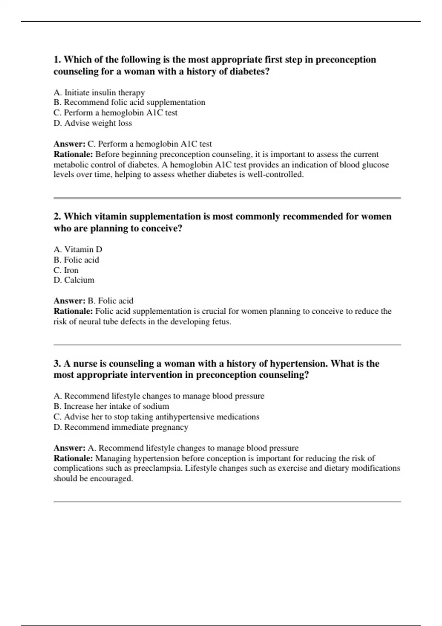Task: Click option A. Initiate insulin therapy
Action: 99,92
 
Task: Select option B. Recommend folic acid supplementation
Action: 129,102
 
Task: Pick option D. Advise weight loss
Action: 92,123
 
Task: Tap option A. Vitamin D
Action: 78,249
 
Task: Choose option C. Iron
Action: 66,270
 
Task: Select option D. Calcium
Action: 74,280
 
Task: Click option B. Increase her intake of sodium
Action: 111,406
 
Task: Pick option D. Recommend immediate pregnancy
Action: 121,427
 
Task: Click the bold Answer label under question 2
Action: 69,301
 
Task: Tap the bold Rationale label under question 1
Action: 73,154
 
